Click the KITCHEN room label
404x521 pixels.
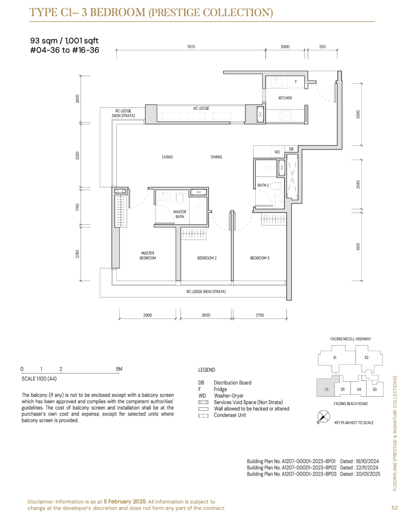(285, 98)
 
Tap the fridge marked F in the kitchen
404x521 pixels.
(295, 82)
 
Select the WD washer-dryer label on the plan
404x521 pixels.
(277, 152)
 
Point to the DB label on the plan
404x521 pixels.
(291, 149)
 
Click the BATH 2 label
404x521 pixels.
(263, 185)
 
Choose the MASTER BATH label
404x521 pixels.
(179, 214)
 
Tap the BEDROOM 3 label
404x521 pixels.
(260, 258)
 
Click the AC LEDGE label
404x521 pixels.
(201, 109)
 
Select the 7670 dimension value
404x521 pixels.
(191, 47)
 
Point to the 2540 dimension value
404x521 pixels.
(358, 184)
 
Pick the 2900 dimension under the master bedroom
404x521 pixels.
(147, 315)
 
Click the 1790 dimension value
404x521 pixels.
(77, 207)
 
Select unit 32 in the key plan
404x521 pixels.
(366, 358)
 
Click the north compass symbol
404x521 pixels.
(323, 416)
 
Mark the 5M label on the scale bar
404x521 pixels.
(119, 369)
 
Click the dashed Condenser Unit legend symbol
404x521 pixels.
(203, 415)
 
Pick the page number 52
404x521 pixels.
(394, 507)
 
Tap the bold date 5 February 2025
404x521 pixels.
(125, 501)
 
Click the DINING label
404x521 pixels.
(216, 157)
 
